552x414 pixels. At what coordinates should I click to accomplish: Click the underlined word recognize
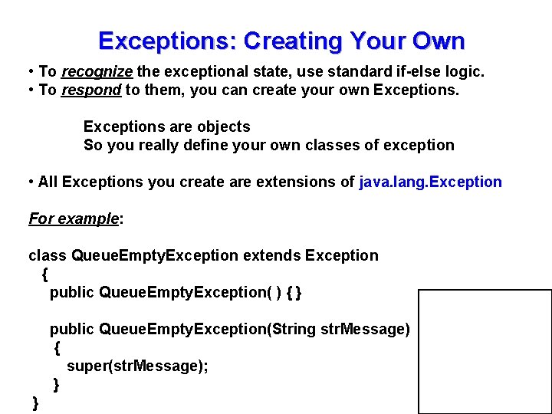[x=97, y=71]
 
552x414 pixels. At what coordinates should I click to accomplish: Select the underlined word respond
[x=91, y=90]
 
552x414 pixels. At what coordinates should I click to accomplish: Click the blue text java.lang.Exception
[x=430, y=182]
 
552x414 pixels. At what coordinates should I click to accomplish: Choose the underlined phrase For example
[x=74, y=219]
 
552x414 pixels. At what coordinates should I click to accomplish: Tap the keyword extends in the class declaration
[x=271, y=255]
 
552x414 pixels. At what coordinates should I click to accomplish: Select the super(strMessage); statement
[x=137, y=366]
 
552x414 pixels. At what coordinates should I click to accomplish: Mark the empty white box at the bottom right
[x=485, y=352]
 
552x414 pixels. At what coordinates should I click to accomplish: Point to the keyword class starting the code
[x=48, y=255]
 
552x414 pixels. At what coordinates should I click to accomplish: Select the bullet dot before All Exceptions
[x=31, y=182]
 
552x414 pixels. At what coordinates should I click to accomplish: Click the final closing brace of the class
[x=35, y=403]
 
